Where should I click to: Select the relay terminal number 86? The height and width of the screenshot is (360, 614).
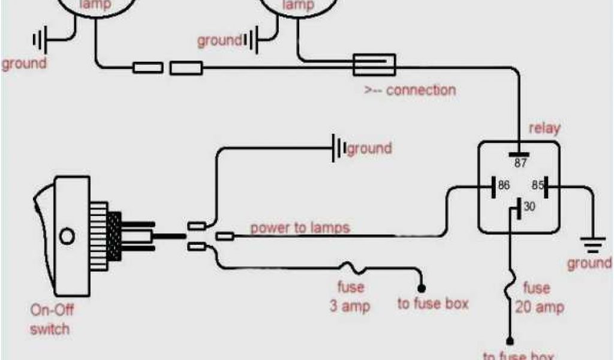tap(504, 186)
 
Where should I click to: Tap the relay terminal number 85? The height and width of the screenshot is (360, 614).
tap(537, 186)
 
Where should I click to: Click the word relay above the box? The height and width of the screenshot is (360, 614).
tap(544, 128)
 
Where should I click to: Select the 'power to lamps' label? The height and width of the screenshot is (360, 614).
tap(300, 228)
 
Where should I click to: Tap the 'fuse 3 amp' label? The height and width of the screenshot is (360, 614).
tap(350, 297)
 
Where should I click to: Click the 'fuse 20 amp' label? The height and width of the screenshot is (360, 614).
tap(539, 298)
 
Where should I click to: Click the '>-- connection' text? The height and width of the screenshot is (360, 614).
tap(410, 91)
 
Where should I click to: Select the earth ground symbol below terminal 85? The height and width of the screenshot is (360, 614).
tap(593, 244)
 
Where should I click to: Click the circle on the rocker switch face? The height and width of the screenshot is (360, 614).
tap(68, 236)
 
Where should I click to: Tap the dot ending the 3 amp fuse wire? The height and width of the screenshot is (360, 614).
tap(422, 288)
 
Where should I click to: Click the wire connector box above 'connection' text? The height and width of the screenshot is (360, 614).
tap(374, 64)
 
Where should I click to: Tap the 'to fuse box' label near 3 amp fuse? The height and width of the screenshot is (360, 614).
tap(432, 304)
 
